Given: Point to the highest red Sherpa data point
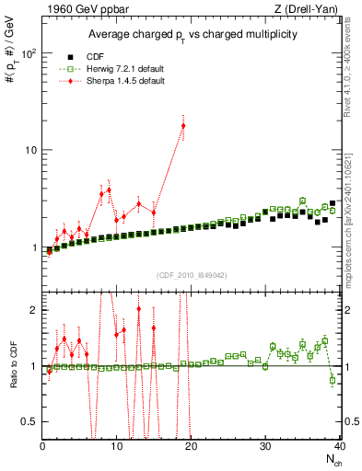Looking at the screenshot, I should (183, 126).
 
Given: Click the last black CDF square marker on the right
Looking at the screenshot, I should (333, 203).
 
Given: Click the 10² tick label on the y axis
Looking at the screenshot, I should (28, 52).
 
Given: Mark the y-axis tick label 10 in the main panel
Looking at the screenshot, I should (29, 150).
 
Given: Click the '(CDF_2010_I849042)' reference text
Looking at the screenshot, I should (191, 273).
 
